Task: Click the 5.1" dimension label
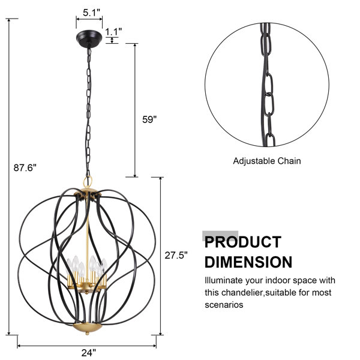pos(92,13)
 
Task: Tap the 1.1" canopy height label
pos(113,31)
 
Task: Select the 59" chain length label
pos(149,119)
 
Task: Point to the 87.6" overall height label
pos(25,167)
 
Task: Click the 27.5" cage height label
pos(176,255)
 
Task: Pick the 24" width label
pos(88,352)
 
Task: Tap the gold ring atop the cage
pos(88,182)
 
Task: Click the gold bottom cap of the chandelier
pos(87,327)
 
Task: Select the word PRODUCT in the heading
pos(243,242)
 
